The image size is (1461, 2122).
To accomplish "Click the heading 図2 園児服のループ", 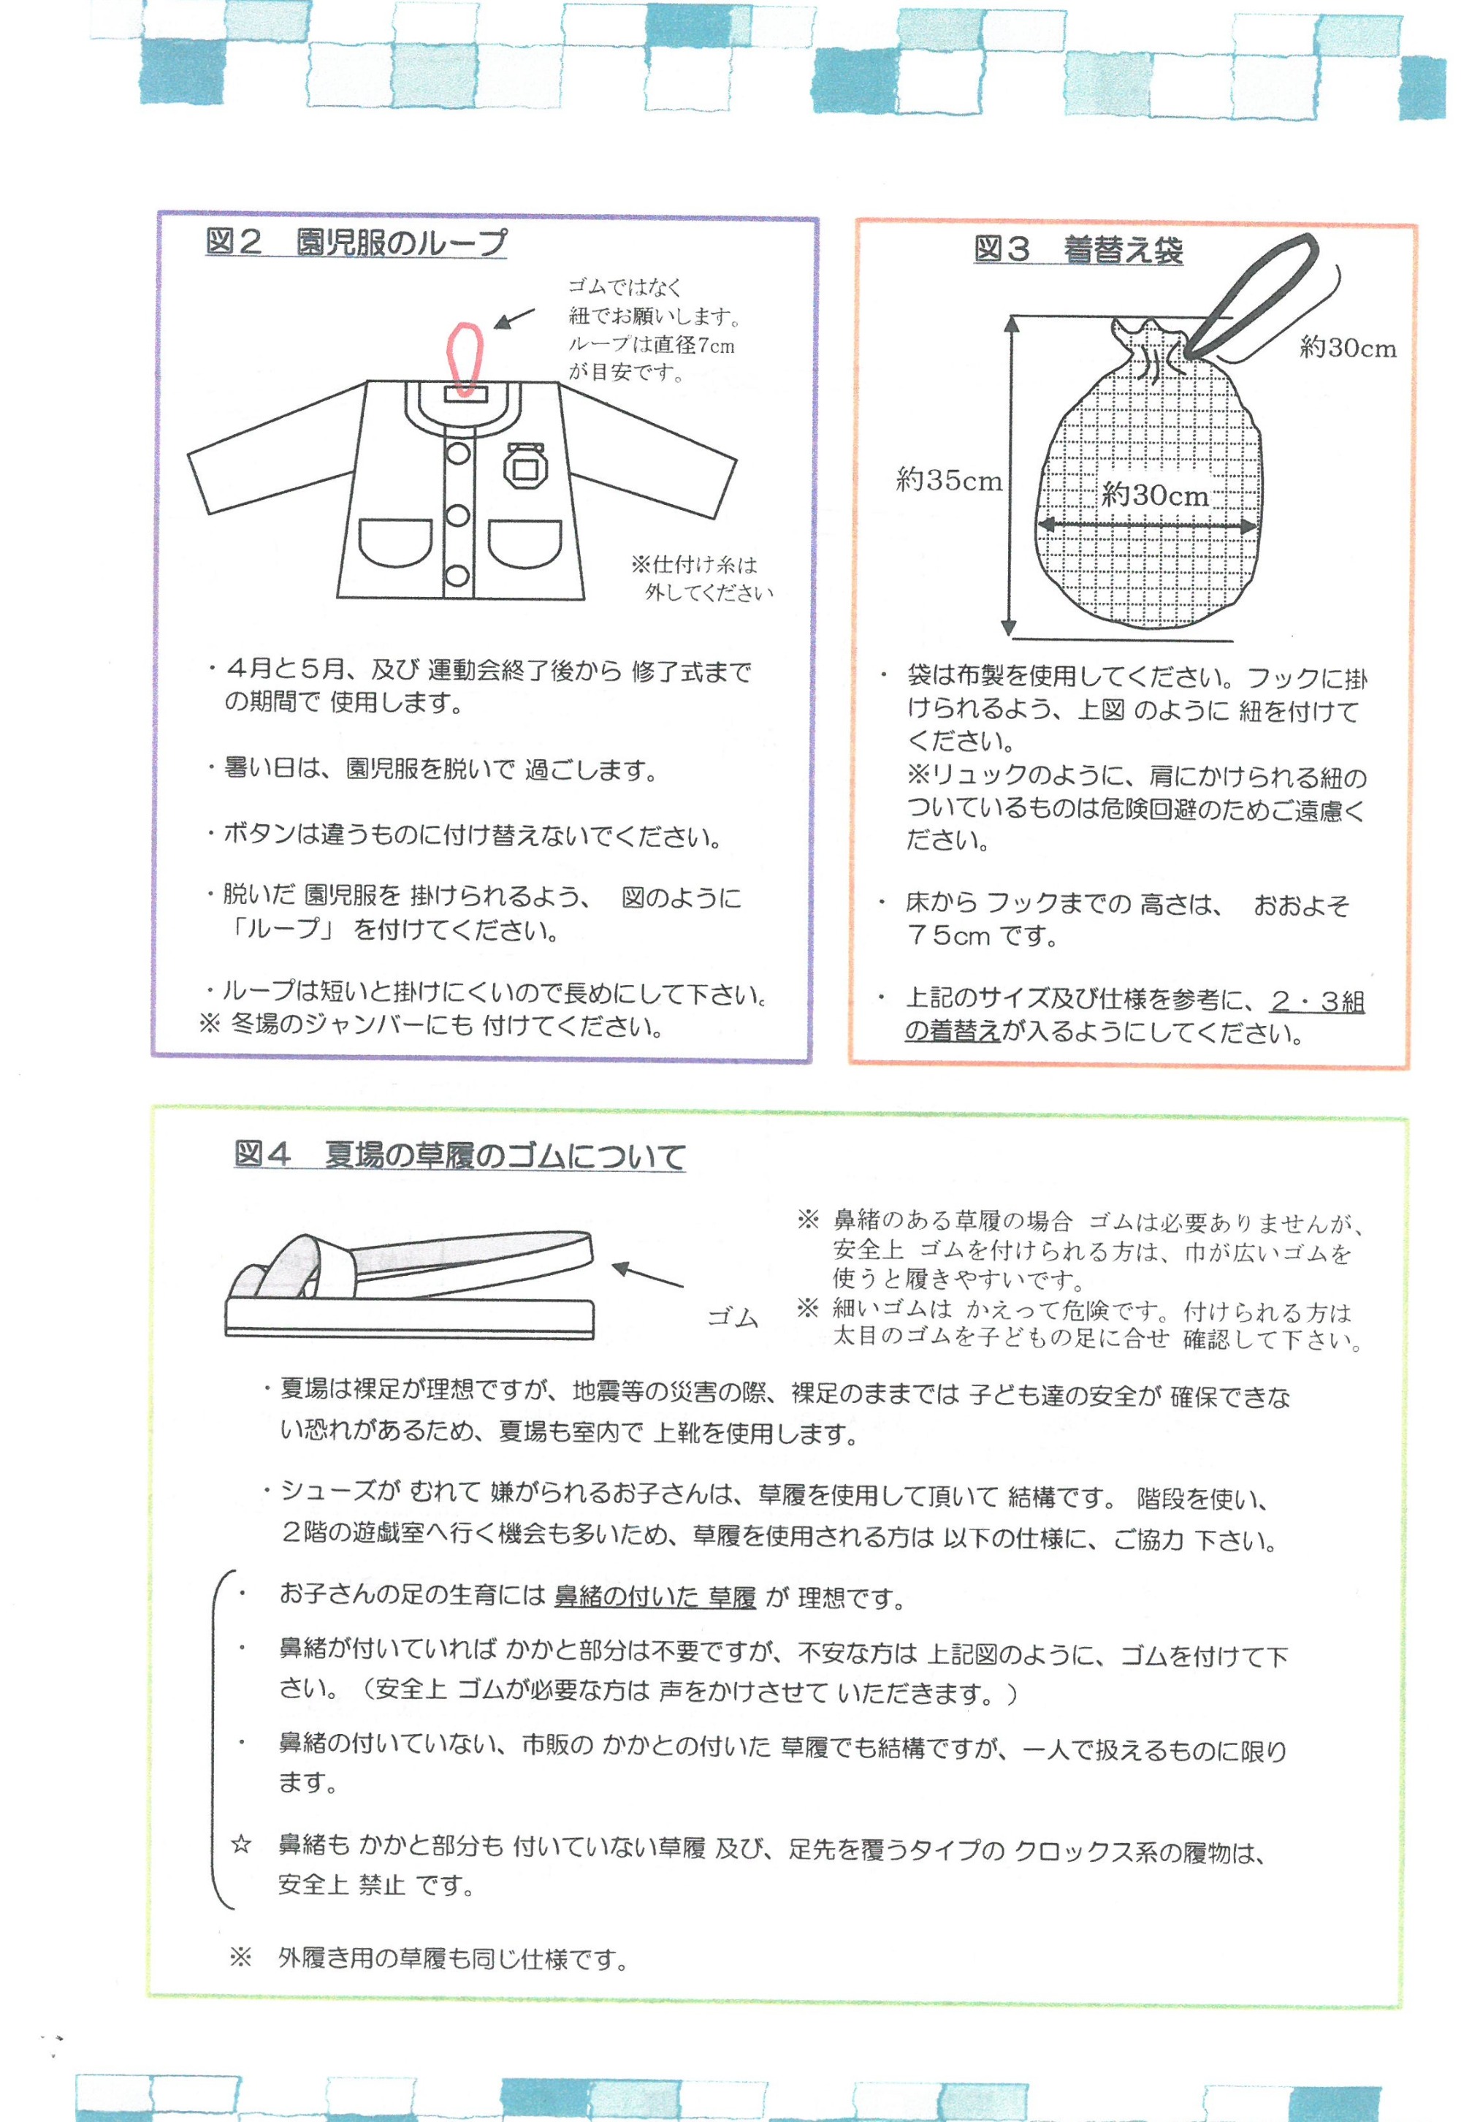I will click(355, 243).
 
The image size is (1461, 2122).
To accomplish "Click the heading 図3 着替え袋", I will click(1077, 249).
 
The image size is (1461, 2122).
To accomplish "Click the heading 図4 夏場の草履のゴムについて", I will click(459, 1155).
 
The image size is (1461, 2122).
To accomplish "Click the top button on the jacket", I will click(458, 454).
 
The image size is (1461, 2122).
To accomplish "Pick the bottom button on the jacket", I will click(458, 577).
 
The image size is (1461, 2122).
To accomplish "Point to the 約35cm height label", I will click(948, 481).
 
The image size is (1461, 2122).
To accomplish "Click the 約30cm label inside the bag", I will click(1154, 495).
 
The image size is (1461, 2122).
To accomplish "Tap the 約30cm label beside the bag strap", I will click(1348, 348).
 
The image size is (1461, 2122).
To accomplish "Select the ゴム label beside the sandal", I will click(733, 1318).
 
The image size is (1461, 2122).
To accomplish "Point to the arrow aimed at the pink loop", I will click(514, 318).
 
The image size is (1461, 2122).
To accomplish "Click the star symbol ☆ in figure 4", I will click(241, 1819).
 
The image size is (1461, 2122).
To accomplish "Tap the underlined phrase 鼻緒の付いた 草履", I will click(655, 1598).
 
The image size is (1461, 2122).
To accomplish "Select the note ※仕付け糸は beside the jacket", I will click(694, 565).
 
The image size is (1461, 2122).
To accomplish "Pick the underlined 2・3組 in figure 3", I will click(1316, 1002).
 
